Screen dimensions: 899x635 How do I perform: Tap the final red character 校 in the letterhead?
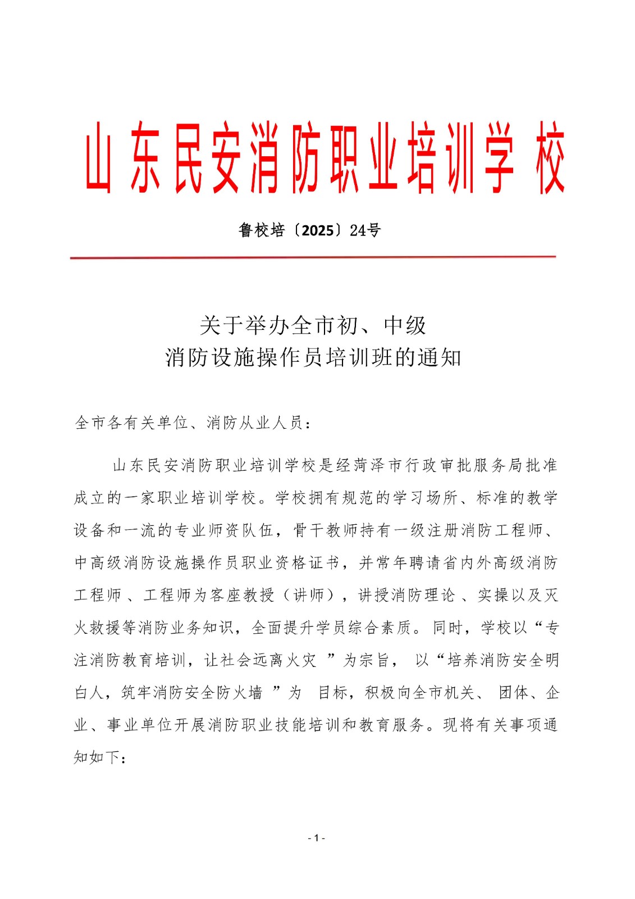549,158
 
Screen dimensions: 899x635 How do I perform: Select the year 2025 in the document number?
318,230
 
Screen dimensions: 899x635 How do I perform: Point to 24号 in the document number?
365,230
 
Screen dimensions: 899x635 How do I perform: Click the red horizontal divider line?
313,257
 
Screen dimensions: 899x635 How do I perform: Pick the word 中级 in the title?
405,325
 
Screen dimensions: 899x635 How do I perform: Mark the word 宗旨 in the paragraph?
374,660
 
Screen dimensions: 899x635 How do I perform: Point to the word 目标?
333,693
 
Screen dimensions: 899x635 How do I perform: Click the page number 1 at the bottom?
317,838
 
